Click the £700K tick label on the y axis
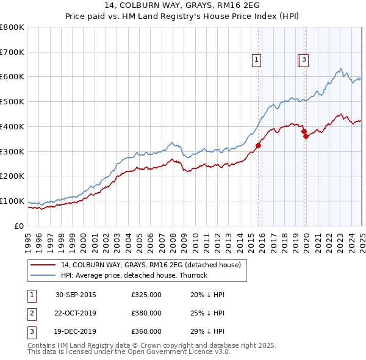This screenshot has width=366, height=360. (x=12, y=52)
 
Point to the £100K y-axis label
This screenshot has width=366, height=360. (x=12, y=201)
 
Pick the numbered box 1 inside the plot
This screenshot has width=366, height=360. (x=256, y=60)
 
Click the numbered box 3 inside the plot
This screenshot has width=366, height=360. (x=304, y=60)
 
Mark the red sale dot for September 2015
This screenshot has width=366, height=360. (x=258, y=145)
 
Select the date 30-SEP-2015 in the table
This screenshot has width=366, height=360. (x=76, y=295)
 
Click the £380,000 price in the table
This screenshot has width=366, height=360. (x=146, y=314)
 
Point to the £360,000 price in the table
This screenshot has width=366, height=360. (x=146, y=332)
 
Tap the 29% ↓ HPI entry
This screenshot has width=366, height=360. (x=208, y=332)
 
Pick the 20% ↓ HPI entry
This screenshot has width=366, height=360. (x=208, y=295)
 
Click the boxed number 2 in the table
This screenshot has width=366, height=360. (x=31, y=314)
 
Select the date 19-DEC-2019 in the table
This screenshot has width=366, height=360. (x=76, y=332)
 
